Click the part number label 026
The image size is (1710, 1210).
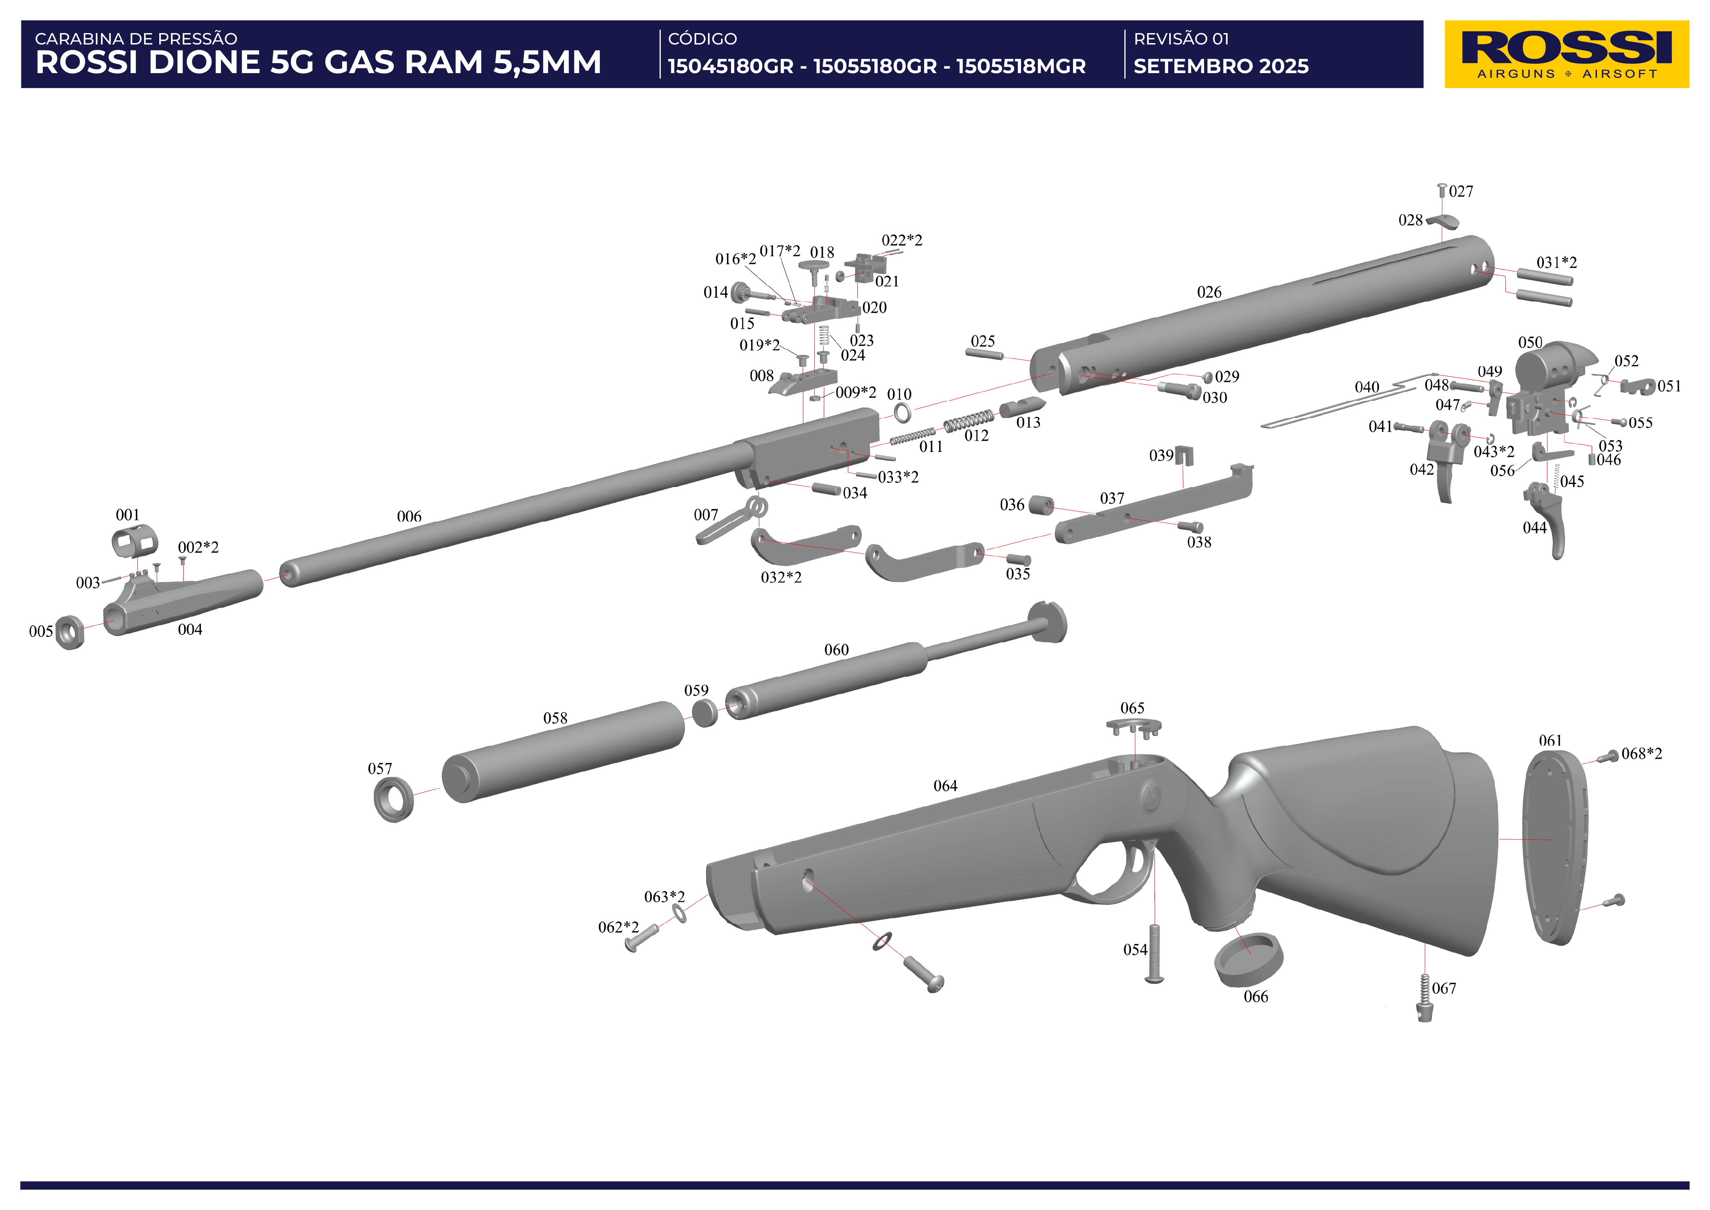coord(1209,292)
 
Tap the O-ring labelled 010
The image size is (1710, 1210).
coord(902,412)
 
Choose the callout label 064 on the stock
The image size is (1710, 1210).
coord(945,786)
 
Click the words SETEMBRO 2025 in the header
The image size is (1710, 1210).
coord(1221,66)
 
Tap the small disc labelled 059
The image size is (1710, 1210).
coord(705,712)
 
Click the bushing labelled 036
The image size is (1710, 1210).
coord(1041,506)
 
